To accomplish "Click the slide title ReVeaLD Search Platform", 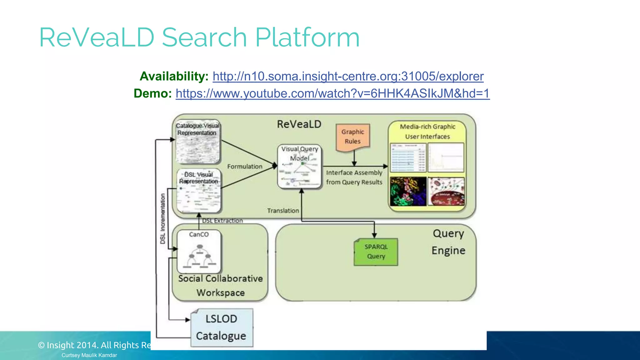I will pos(199,37).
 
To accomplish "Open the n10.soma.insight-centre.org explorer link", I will pos(348,76).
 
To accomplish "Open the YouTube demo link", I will pos(332,93).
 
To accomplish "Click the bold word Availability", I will pos(174,76).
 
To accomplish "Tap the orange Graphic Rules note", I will pos(353,137).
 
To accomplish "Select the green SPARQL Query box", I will pos(376,252).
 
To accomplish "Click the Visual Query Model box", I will pos(299,167).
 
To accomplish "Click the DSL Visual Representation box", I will pos(199,191).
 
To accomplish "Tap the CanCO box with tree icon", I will pos(199,252).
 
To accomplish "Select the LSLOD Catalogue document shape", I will pos(222,327).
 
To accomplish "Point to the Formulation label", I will pos(245,167).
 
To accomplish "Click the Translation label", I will pos(283,211).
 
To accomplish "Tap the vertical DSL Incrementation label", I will pos(162,218).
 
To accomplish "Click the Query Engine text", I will pos(448,242).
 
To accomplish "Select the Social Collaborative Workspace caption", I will pos(221,285).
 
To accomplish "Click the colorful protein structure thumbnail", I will pos(408,191).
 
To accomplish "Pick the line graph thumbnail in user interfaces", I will pos(446,157).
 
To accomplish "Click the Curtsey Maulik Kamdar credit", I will pos(89,355).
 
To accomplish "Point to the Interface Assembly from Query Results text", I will pos(354,177).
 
